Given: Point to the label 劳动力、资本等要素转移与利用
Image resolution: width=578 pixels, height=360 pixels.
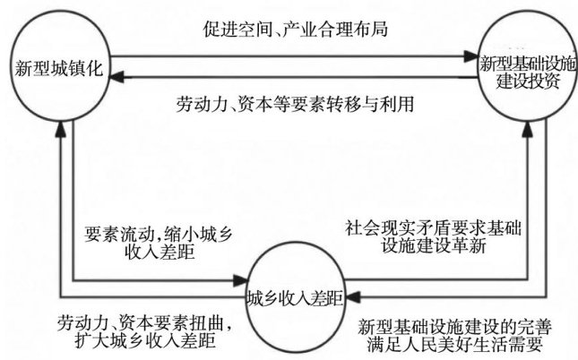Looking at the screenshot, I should point(296,101).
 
